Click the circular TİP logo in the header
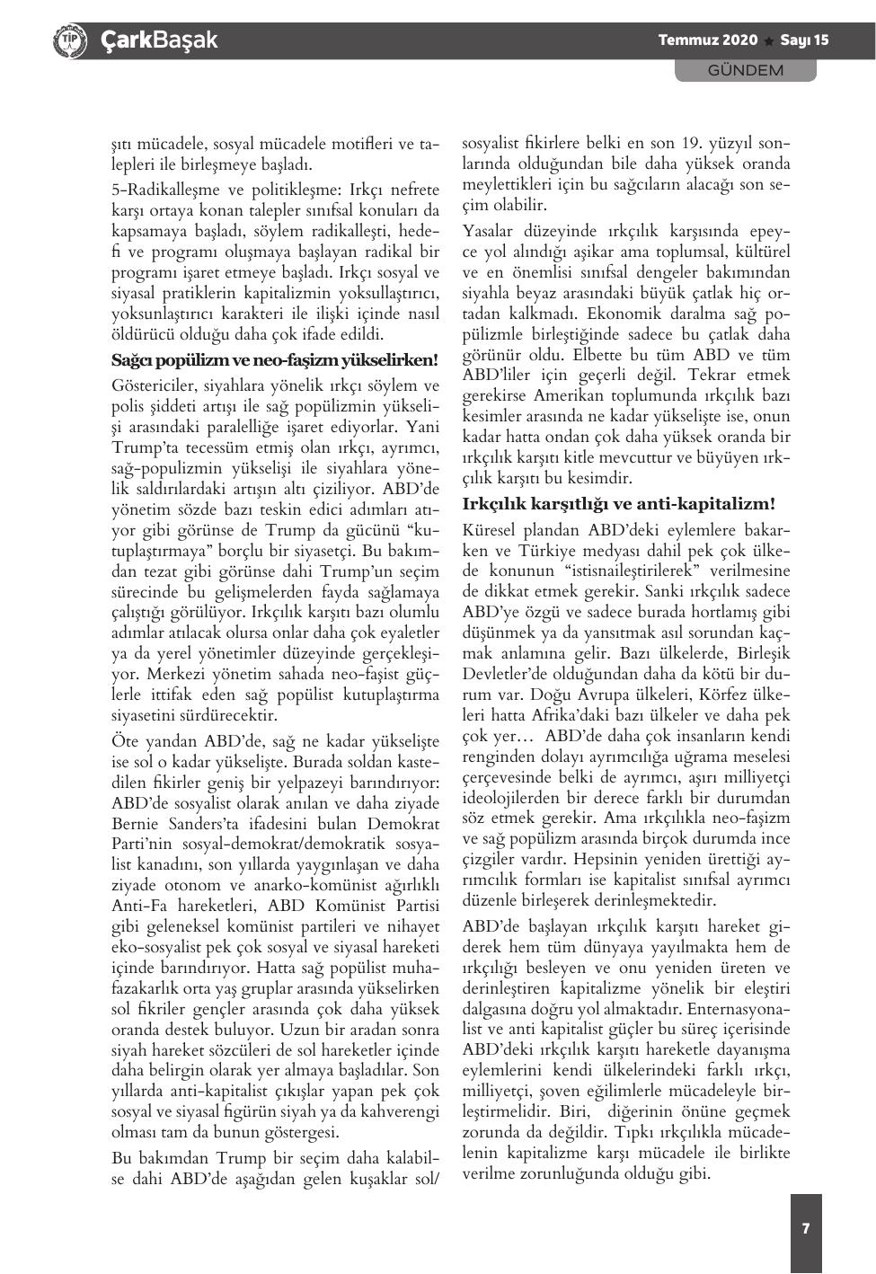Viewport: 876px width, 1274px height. point(70,41)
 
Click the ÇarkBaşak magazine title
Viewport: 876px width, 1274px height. point(159,40)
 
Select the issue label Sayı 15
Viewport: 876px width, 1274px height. point(804,40)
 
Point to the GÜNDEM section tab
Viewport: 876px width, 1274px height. point(745,70)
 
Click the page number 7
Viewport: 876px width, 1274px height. point(806,1228)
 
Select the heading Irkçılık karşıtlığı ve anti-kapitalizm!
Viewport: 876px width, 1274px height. point(618,503)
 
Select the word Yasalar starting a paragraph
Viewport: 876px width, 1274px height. point(489,231)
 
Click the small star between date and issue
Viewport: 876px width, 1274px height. point(769,41)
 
